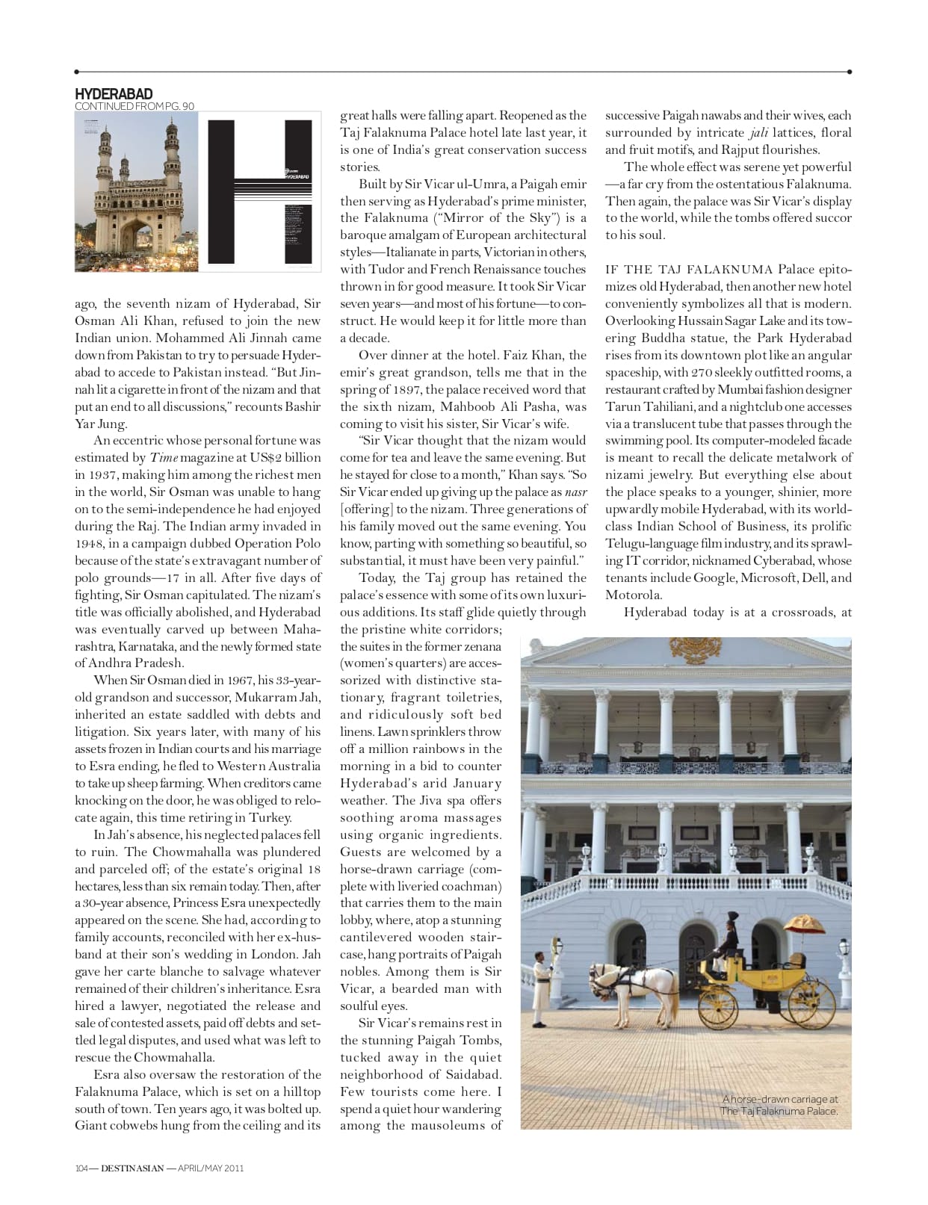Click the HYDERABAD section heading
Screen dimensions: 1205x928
(114, 93)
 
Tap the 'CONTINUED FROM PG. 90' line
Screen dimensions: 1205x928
(134, 106)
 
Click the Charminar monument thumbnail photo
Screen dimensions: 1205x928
(138, 190)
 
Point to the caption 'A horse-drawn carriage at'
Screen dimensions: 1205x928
(781, 1099)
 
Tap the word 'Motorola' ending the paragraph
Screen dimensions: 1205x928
(633, 595)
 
